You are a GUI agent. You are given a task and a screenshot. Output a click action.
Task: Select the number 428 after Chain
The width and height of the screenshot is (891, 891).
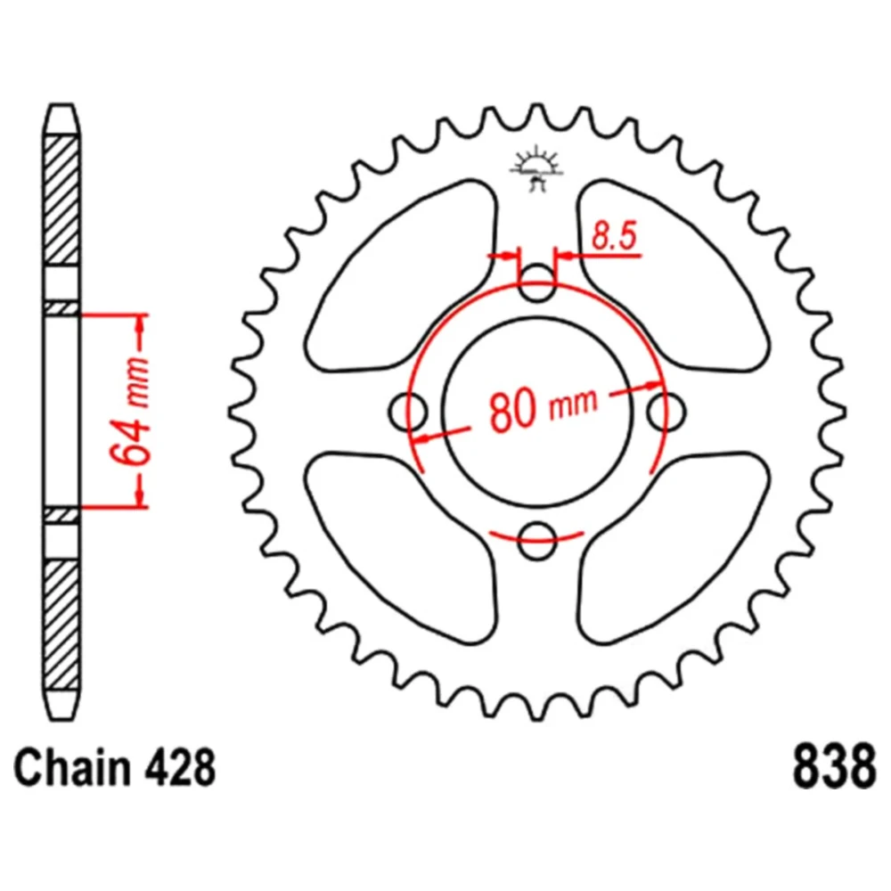[181, 766]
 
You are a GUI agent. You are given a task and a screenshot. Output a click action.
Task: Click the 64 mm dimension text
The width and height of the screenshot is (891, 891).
[130, 410]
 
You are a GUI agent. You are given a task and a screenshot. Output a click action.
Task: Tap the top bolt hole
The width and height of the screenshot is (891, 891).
[537, 282]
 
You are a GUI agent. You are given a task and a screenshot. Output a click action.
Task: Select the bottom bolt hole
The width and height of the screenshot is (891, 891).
[537, 541]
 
